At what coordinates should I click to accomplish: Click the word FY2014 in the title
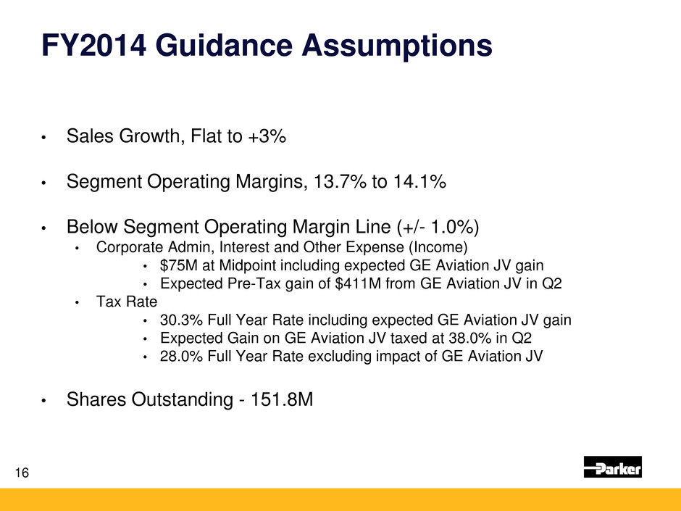[x=93, y=45]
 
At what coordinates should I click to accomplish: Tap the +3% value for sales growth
[x=267, y=136]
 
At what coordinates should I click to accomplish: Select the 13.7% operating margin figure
[x=340, y=181]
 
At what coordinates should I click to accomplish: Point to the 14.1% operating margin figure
[x=419, y=181]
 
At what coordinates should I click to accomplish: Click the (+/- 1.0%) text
[x=438, y=227]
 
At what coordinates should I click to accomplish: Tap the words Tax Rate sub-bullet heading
[x=126, y=301]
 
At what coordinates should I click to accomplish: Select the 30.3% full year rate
[x=182, y=320]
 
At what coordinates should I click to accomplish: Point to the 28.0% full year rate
[x=182, y=356]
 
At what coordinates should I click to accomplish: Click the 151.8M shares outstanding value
[x=282, y=399]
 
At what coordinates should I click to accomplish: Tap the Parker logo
[x=612, y=467]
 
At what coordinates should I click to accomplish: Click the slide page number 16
[x=22, y=473]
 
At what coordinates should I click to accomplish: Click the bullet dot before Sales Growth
[x=43, y=138]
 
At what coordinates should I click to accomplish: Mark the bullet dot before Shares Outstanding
[x=43, y=401]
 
